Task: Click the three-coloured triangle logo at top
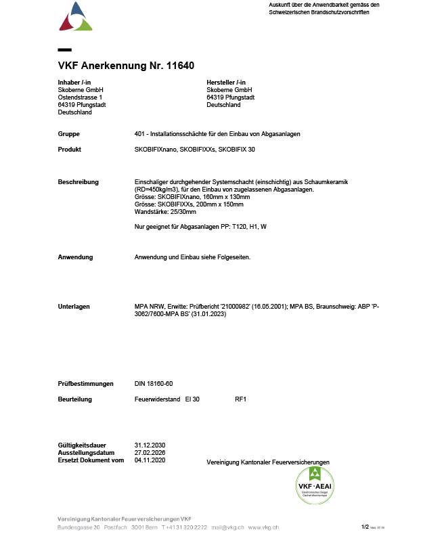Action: coord(75,17)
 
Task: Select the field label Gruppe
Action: coord(69,134)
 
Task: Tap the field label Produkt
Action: coord(70,149)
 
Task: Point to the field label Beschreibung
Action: coord(79,181)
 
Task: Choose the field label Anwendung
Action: coord(76,257)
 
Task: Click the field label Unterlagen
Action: coord(74,307)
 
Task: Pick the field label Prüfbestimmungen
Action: coord(86,384)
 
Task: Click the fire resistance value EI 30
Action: coord(192,399)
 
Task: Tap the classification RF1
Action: coord(240,399)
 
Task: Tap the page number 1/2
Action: coord(365,527)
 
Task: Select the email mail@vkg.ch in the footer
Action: coord(226,527)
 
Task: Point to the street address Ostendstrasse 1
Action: coord(85,97)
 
